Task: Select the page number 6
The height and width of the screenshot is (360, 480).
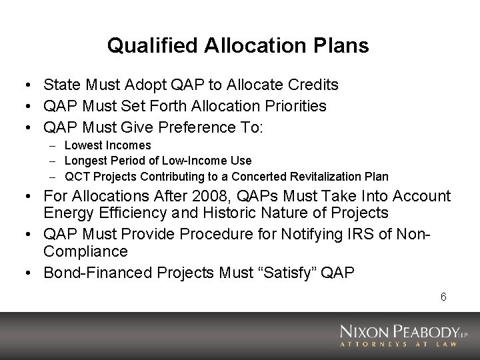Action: [x=443, y=297]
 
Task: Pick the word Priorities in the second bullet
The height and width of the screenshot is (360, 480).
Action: [x=295, y=105]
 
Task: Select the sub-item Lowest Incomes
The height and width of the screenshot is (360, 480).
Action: [x=108, y=145]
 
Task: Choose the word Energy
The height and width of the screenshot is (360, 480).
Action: [x=67, y=213]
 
